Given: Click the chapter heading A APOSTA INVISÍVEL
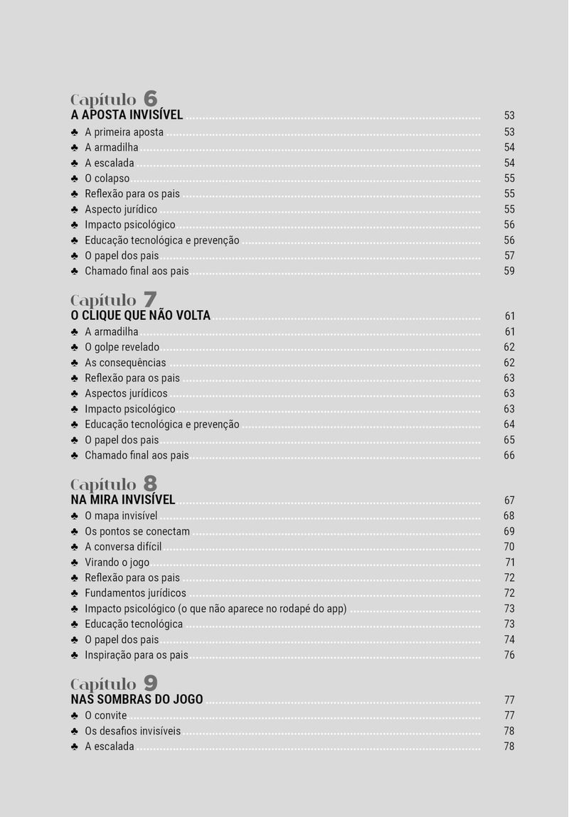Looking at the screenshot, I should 127,115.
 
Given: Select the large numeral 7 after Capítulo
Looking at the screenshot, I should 150,299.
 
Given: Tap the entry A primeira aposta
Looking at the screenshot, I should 124,132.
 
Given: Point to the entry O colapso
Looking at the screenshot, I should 107,178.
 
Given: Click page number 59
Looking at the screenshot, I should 509,271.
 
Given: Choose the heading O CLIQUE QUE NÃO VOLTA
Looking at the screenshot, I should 141,316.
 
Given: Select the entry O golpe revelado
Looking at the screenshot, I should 122,348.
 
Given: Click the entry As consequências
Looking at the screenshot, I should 125,363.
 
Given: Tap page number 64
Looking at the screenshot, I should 509,424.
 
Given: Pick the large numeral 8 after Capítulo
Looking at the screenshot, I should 150,484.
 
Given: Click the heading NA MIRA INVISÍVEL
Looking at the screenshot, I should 123,500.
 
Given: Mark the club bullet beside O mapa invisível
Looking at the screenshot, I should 75,516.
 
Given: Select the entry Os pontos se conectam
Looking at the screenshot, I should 137,532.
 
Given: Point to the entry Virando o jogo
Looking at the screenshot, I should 117,562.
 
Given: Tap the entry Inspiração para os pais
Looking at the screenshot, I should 137,655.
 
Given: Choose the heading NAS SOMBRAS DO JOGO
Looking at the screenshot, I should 137,700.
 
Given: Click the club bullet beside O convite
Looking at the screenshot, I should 75,715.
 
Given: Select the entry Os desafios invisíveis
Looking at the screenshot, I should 132,731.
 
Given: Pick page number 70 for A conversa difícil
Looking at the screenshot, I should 509,547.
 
